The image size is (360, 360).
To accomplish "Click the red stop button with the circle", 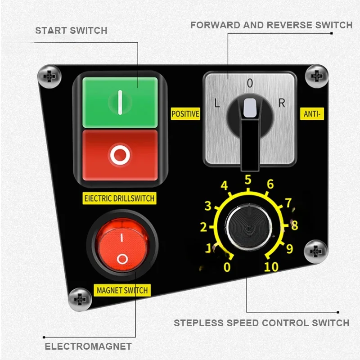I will point(120,155).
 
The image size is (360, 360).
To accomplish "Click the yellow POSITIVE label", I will point(185,114).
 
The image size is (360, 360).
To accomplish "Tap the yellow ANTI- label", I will point(311,114).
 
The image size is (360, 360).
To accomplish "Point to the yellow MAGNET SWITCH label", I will point(122,290).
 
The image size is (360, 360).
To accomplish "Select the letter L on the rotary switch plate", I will point(217,103).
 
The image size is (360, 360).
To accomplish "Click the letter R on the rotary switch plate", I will point(282,103).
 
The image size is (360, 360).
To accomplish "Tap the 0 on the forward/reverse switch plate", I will point(250,83).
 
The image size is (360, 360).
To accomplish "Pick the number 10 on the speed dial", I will point(271,267).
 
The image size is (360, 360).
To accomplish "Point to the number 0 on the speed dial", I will point(227,267).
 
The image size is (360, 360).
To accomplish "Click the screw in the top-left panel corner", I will point(48,75).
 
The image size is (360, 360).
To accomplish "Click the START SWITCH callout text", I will point(71,31).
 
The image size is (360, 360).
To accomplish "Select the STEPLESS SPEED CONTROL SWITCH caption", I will point(261,323).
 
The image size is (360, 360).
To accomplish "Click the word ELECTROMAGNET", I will point(88,346).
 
